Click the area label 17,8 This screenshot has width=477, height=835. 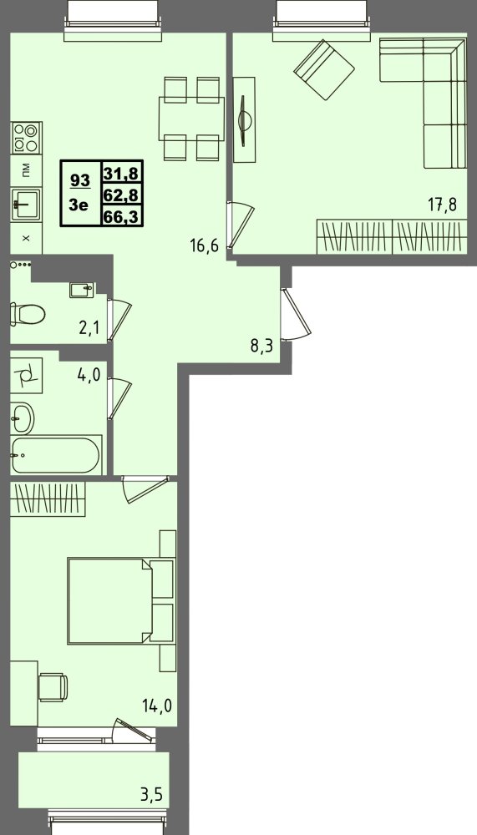tap(443, 205)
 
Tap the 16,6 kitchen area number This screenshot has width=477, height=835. tap(205, 245)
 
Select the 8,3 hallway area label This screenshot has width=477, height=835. tap(261, 347)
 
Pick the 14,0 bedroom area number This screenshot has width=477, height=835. tap(157, 706)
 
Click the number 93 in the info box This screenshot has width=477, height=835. tap(80, 180)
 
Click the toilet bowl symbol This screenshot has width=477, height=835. tap(28, 314)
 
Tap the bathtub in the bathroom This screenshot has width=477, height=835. tap(55, 455)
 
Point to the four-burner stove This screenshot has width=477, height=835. tap(26, 139)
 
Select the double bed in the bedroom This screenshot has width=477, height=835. tap(121, 600)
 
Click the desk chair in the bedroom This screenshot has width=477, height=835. tap(53, 687)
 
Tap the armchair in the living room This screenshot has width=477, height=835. tap(324, 70)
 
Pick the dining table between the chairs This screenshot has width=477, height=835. tap(191, 119)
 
